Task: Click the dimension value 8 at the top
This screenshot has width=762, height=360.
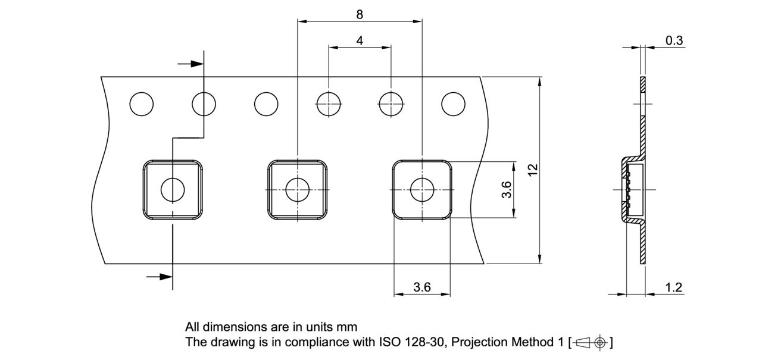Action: (360, 14)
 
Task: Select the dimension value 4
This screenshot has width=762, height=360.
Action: (360, 40)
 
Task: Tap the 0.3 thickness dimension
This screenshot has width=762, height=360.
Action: (674, 40)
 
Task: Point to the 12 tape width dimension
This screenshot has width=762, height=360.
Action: (533, 169)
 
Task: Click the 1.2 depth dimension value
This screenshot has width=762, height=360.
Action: (673, 288)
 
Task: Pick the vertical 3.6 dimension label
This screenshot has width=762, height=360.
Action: (507, 190)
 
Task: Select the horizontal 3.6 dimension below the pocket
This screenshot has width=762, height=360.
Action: (422, 287)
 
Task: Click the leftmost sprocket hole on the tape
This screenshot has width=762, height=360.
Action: (142, 104)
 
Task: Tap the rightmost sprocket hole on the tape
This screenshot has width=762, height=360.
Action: (453, 104)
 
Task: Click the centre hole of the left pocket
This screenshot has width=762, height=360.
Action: (173, 190)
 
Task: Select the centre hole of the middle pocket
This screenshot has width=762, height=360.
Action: (297, 190)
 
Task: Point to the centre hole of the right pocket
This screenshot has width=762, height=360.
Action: (422, 190)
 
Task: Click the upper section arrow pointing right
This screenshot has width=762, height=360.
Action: (191, 64)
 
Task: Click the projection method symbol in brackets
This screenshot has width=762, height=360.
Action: (589, 342)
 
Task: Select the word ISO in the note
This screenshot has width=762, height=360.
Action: (390, 342)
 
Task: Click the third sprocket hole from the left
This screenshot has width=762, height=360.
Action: (266, 104)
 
